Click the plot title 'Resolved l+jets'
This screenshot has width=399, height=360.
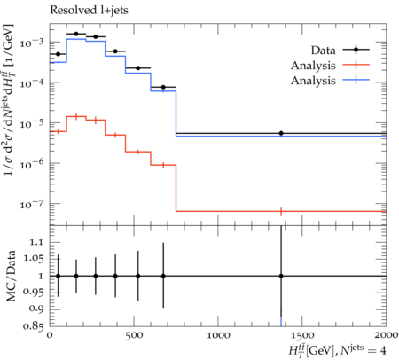[89, 11]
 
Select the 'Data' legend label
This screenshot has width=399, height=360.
[323, 51]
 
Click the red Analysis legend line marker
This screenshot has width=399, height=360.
[356, 65]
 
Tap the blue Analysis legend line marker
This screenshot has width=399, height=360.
[356, 80]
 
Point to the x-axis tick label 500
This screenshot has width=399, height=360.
[134, 336]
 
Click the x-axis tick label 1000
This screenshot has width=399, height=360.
[218, 336]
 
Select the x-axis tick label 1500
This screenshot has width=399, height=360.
[302, 336]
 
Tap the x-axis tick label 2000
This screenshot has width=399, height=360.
[386, 335]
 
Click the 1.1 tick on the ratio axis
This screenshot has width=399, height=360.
[36, 242]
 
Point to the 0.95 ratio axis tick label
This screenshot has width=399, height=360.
[33, 292]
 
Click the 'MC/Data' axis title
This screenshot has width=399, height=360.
[11, 276]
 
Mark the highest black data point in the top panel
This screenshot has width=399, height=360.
[76, 34]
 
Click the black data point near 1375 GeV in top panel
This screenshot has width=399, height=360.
[281, 133]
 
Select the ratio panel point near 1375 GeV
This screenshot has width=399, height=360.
[281, 276]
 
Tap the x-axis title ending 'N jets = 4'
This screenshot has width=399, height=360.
[337, 350]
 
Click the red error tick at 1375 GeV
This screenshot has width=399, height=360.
[281, 212]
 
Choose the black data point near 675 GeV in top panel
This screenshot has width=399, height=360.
[163, 87]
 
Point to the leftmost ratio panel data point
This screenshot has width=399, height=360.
[58, 276]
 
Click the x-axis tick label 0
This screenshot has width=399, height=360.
[50, 336]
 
